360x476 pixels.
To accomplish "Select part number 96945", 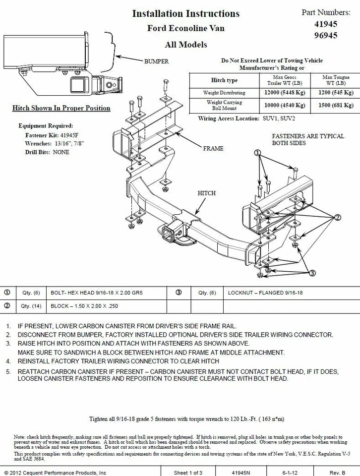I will pos(326,35).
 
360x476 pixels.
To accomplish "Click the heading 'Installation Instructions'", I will pos(185,13).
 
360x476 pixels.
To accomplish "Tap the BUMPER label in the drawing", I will pos(156,61).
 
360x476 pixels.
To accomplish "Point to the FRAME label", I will pos(213,148).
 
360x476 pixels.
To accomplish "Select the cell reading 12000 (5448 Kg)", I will pos(285,93).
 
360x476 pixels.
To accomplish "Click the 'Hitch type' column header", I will pos(224,80).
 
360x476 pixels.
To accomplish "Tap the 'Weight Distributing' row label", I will pos(224,93).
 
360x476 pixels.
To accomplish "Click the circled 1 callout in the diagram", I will pos(257,153).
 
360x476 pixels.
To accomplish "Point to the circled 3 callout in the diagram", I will pos(312,273).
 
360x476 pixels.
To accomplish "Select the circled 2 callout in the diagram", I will pos(337,217).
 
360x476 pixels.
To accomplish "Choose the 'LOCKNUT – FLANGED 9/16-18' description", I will pos(265,293).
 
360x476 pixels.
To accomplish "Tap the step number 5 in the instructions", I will pos(8,371).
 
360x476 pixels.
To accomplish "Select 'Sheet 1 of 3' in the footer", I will pos(188,473).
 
